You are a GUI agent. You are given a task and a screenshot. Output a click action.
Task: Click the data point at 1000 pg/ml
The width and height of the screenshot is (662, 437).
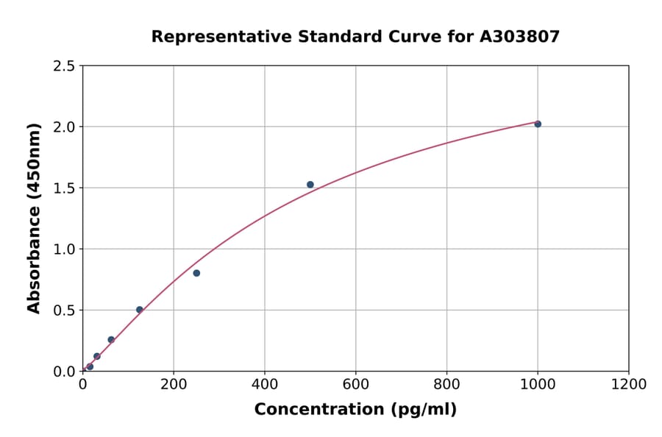click(538, 124)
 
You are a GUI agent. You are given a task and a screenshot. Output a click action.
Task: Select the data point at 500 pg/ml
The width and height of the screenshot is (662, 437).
click(310, 185)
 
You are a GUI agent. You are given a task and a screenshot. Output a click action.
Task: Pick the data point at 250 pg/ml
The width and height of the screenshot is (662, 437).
click(196, 273)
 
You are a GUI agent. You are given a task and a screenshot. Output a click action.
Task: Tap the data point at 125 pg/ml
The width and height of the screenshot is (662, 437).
click(140, 310)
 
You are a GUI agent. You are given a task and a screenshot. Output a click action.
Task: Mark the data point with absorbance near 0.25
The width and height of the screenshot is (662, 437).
click(111, 340)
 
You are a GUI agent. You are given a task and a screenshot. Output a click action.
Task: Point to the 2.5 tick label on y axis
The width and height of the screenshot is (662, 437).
click(65, 66)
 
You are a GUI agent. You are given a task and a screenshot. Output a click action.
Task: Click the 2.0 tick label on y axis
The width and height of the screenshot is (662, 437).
click(65, 127)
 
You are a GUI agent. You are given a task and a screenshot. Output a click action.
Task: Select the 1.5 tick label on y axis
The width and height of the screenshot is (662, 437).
click(65, 188)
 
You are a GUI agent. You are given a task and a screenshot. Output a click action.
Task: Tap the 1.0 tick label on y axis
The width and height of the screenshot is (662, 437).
click(65, 249)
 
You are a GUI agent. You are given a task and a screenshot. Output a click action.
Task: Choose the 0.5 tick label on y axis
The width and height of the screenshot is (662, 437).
click(65, 310)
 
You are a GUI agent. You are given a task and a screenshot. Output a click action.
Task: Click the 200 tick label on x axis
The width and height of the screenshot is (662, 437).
click(174, 385)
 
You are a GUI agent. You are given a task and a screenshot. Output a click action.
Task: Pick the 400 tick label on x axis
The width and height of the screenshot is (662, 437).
click(265, 385)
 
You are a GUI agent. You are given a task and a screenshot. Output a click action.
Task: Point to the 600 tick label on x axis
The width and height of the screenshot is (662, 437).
click(356, 385)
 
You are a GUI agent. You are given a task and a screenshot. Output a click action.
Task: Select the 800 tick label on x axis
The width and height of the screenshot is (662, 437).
click(446, 385)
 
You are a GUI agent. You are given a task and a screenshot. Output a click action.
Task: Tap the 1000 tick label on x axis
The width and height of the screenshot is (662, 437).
click(538, 385)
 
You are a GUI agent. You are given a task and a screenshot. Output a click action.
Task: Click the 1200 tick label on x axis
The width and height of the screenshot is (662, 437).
click(629, 385)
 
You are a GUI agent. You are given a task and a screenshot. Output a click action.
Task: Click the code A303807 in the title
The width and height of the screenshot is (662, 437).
click(521, 37)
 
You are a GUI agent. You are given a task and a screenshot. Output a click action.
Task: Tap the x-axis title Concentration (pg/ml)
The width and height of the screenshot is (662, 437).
click(355, 410)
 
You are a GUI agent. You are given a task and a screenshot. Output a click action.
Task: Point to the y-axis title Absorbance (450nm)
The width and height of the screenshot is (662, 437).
click(35, 218)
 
